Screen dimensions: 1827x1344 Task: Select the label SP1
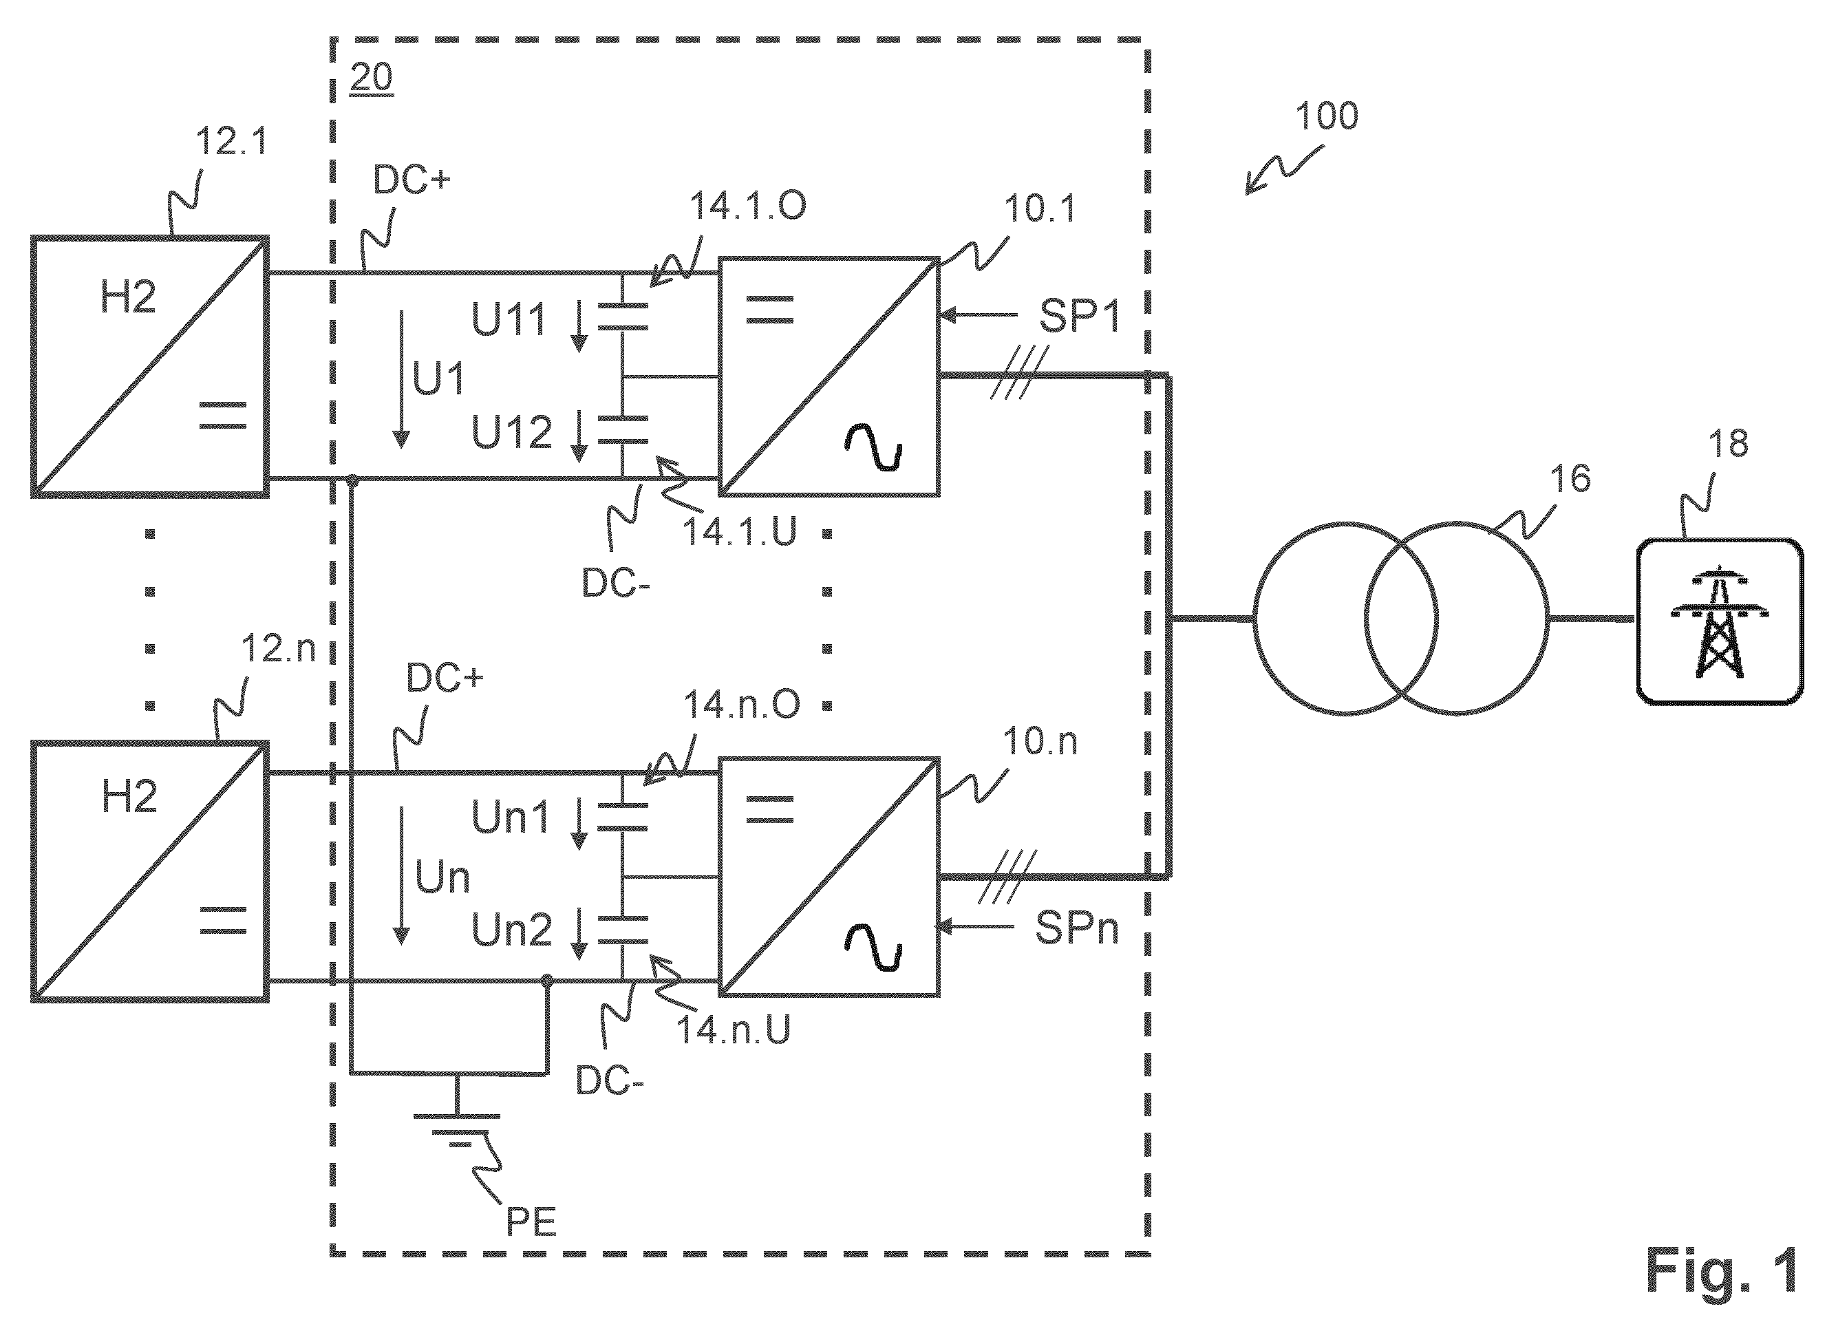1080,316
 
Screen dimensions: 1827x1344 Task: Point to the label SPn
1076,928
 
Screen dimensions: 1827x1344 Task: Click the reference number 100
1327,116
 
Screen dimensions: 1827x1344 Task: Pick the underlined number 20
371,78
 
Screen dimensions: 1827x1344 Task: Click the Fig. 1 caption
1720,1271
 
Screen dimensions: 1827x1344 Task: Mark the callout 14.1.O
747,206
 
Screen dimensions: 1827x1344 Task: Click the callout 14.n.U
734,1030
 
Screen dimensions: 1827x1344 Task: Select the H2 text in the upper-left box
128,297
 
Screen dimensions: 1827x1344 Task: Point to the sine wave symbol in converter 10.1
873,449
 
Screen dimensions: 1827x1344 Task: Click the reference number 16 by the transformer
1570,478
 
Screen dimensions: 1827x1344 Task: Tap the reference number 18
1728,443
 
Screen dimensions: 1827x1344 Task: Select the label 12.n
278,648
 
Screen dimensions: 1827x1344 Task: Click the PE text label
531,1222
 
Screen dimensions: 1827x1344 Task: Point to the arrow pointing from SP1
979,315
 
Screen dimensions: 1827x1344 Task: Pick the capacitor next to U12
622,429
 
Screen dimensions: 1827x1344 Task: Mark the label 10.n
1040,741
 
